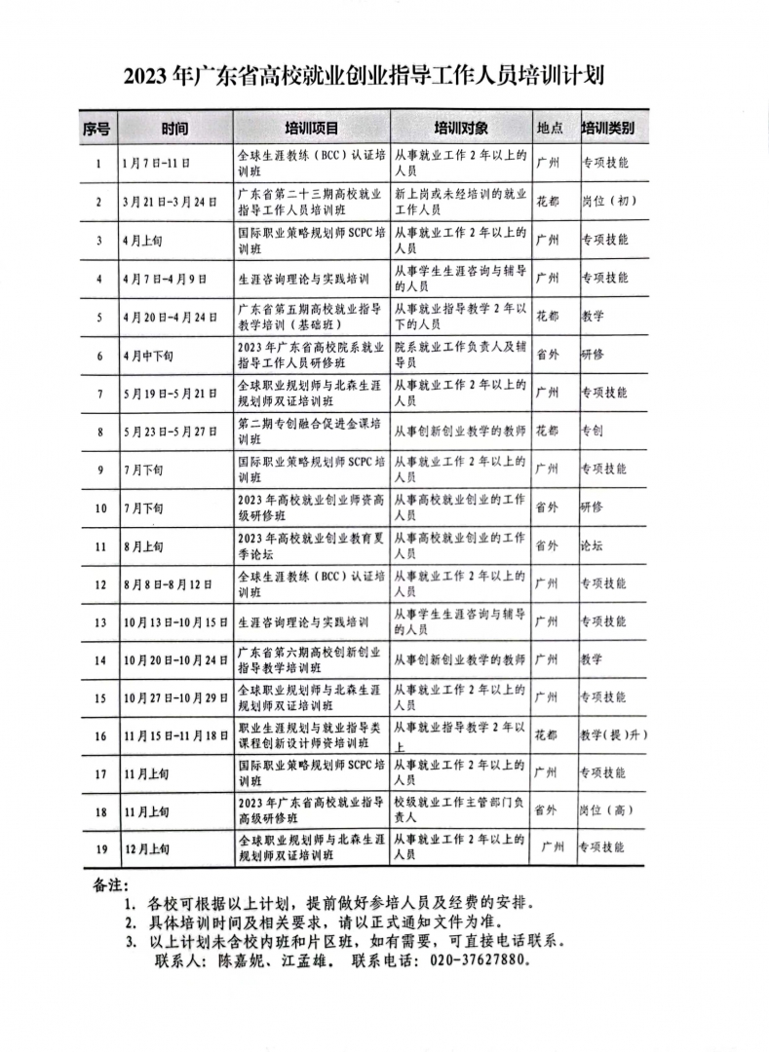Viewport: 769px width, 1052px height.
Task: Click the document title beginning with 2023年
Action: [384, 77]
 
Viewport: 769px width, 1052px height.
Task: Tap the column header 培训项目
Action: [311, 129]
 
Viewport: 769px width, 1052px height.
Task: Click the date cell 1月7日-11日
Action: [156, 163]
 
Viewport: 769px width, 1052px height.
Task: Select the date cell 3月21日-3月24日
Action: [170, 202]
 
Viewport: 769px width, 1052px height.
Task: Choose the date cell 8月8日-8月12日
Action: [170, 583]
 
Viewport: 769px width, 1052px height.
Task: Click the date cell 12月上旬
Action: [147, 848]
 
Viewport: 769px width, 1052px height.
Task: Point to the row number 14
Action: [99, 660]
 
